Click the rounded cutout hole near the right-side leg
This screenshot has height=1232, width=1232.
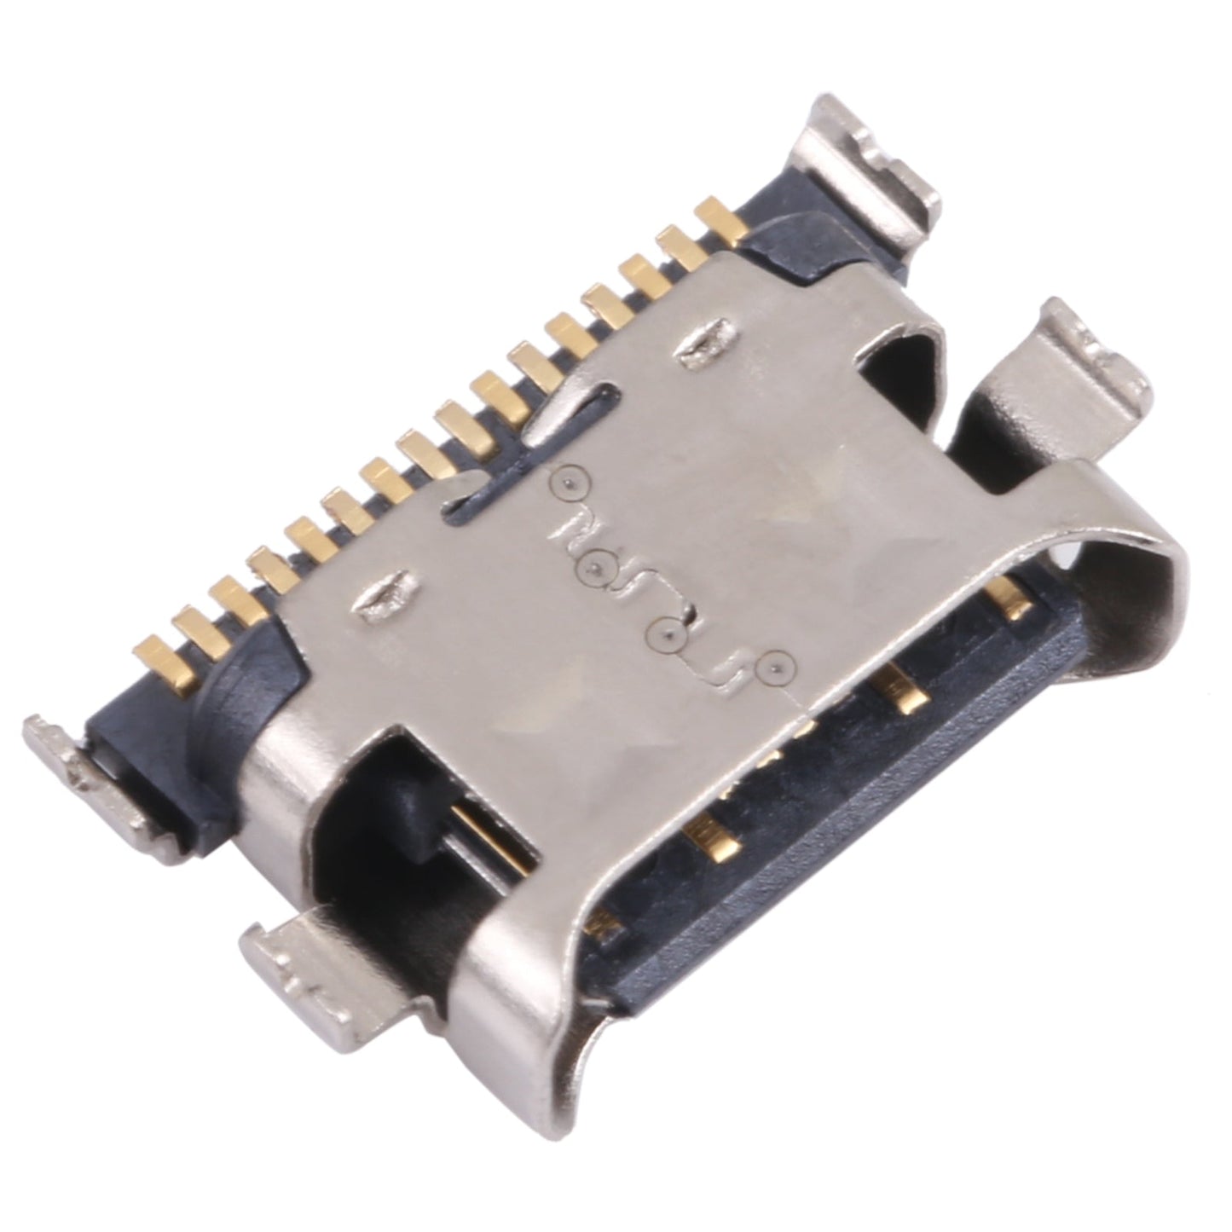tap(904, 358)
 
